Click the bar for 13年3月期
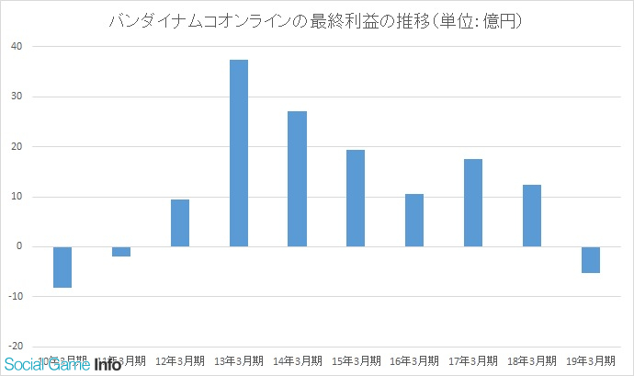[239, 153]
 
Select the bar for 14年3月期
[297, 178]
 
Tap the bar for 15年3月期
[356, 198]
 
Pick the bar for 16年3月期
[414, 220]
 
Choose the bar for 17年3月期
[473, 202]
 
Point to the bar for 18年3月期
[532, 215]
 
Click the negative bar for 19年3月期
[591, 260]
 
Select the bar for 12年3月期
[180, 222]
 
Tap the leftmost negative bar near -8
[62, 267]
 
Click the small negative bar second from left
[121, 251]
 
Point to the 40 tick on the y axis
[17, 46]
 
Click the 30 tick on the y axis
[17, 97]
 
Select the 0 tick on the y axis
[19, 246]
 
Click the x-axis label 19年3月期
[591, 360]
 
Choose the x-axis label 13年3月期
[239, 360]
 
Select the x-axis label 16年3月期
[414, 360]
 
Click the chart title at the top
[316, 20]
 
